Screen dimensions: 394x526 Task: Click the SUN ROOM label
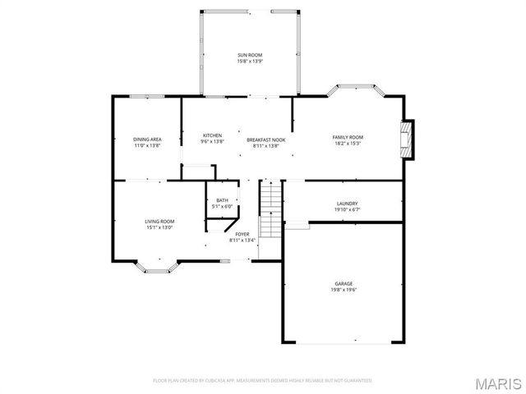point(249,54)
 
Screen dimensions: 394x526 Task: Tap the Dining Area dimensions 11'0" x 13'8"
point(147,145)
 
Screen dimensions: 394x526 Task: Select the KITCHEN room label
point(213,135)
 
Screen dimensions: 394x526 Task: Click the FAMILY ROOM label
point(347,137)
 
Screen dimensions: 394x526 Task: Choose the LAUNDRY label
point(347,204)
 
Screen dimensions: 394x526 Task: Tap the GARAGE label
point(343,282)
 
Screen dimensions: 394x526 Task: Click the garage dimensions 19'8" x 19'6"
point(343,289)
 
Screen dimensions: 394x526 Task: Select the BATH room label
point(222,200)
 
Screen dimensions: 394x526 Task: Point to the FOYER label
point(242,234)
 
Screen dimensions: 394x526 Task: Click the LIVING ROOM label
point(159,221)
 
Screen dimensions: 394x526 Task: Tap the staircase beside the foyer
point(271,210)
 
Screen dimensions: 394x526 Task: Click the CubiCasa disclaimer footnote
point(262,381)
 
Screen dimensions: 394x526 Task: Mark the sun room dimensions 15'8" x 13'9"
point(249,61)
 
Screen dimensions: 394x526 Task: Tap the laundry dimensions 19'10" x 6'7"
point(347,210)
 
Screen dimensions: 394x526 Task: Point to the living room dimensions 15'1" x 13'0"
point(159,227)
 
